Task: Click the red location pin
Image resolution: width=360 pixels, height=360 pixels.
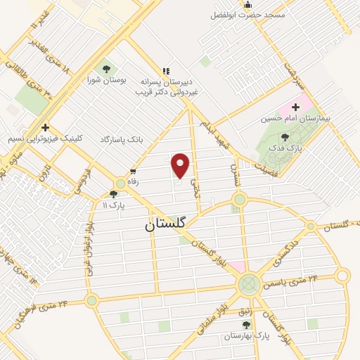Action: tap(181, 165)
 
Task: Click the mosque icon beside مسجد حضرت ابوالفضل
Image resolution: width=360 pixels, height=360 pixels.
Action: tap(247, 6)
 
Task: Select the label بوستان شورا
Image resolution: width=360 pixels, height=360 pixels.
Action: tap(105, 81)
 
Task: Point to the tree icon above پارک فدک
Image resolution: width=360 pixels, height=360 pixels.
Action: tap(284, 138)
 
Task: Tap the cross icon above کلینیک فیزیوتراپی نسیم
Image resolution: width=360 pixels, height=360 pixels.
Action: tap(45, 127)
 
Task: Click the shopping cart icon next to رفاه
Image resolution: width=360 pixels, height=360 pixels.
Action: tap(132, 172)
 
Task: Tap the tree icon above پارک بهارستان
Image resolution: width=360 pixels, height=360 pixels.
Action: tap(245, 325)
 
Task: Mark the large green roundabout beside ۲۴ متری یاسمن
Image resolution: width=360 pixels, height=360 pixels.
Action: tap(248, 285)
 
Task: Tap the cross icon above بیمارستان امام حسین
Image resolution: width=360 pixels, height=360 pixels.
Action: tap(295, 107)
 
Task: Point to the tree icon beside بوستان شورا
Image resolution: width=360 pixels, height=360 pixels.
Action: tap(105, 69)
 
